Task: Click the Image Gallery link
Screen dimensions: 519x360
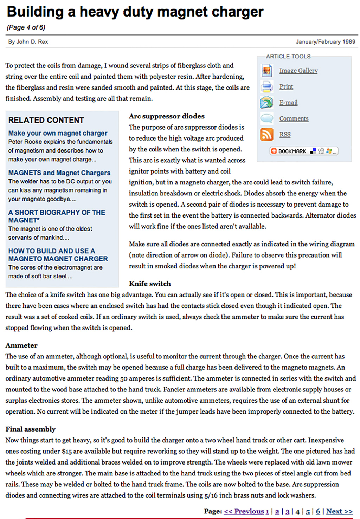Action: tap(298, 71)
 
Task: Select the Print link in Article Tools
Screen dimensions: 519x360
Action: tap(286, 86)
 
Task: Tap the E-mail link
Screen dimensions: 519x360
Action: tap(288, 103)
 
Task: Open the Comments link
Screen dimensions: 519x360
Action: tap(294, 119)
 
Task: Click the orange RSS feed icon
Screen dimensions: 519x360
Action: tap(266, 135)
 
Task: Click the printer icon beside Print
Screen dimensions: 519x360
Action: tap(266, 86)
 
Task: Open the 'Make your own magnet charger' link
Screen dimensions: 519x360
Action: tap(58, 133)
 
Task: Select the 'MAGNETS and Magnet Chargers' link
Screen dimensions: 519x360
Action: tap(59, 173)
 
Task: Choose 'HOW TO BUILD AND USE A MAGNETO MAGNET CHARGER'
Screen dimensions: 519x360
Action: tap(58, 255)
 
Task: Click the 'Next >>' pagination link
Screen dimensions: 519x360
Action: tap(339, 511)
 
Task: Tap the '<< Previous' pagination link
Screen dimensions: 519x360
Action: tap(244, 511)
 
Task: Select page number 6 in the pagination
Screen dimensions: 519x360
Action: tap(318, 511)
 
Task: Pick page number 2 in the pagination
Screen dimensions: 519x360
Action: tap(277, 511)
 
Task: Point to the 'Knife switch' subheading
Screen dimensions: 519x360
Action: tap(150, 284)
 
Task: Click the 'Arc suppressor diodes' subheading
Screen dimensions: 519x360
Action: tap(167, 116)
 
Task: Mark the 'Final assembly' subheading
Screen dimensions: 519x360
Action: tap(31, 429)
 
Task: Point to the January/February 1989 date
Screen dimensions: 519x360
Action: tap(325, 42)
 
